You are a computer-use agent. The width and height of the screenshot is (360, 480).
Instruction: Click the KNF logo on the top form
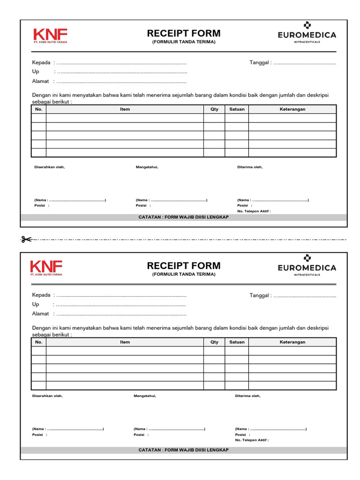(50, 35)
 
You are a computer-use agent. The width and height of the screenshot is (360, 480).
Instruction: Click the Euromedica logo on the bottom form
(307, 265)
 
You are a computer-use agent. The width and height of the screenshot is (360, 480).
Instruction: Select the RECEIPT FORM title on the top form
(184, 33)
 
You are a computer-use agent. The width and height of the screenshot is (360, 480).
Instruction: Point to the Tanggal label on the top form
(260, 63)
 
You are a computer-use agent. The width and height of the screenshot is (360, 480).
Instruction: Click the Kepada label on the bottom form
(41, 296)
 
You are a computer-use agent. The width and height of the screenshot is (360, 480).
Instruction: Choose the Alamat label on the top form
(40, 81)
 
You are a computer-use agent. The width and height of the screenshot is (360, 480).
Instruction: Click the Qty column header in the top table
(214, 109)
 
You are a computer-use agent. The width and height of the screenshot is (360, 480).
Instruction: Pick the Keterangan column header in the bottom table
(292, 342)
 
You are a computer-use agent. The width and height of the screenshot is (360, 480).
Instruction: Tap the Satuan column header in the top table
(237, 109)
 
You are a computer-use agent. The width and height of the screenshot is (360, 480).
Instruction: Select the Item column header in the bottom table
(125, 342)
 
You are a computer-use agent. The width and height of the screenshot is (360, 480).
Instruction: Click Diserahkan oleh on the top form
(49, 167)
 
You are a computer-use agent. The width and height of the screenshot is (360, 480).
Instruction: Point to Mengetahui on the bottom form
(145, 396)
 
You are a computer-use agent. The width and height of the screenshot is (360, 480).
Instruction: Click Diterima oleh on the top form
(250, 167)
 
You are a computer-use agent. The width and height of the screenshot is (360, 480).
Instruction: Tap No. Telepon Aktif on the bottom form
(252, 441)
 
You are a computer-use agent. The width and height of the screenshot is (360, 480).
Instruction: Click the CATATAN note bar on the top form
(184, 217)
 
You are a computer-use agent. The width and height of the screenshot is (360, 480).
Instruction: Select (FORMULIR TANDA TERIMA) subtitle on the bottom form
(184, 274)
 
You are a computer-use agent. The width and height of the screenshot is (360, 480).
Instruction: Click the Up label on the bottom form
(36, 305)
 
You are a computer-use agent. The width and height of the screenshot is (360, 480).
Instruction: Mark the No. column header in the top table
(38, 109)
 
